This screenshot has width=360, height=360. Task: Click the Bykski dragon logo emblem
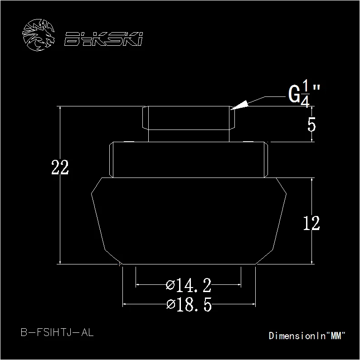coord(39,35)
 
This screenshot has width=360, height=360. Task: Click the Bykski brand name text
coord(103,39)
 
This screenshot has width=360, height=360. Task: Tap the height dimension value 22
coord(60,167)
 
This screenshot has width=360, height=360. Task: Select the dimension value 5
coord(312,125)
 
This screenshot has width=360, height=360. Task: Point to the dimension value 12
coord(311,223)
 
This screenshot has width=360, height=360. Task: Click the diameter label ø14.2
coord(189,285)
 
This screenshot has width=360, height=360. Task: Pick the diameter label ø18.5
coord(189,305)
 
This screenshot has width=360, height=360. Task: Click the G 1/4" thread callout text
coord(304,93)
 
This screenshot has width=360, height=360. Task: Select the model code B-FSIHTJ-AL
coord(57,332)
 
